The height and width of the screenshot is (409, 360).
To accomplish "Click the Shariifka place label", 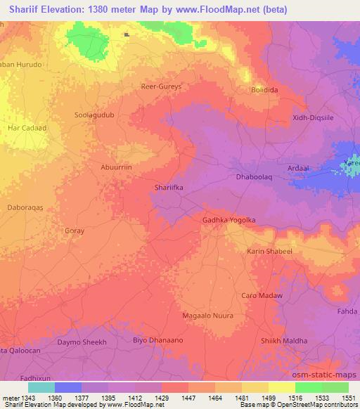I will click(169, 188).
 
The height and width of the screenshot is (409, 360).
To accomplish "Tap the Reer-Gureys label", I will click(162, 86).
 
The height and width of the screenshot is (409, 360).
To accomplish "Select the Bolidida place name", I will click(266, 90).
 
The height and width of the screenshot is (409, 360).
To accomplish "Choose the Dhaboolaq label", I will click(254, 178).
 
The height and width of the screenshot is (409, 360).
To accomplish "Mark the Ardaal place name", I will click(298, 168).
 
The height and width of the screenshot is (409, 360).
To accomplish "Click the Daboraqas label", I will click(25, 209).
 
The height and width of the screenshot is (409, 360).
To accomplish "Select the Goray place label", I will click(74, 231).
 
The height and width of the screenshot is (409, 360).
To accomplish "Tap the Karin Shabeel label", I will click(269, 251).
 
